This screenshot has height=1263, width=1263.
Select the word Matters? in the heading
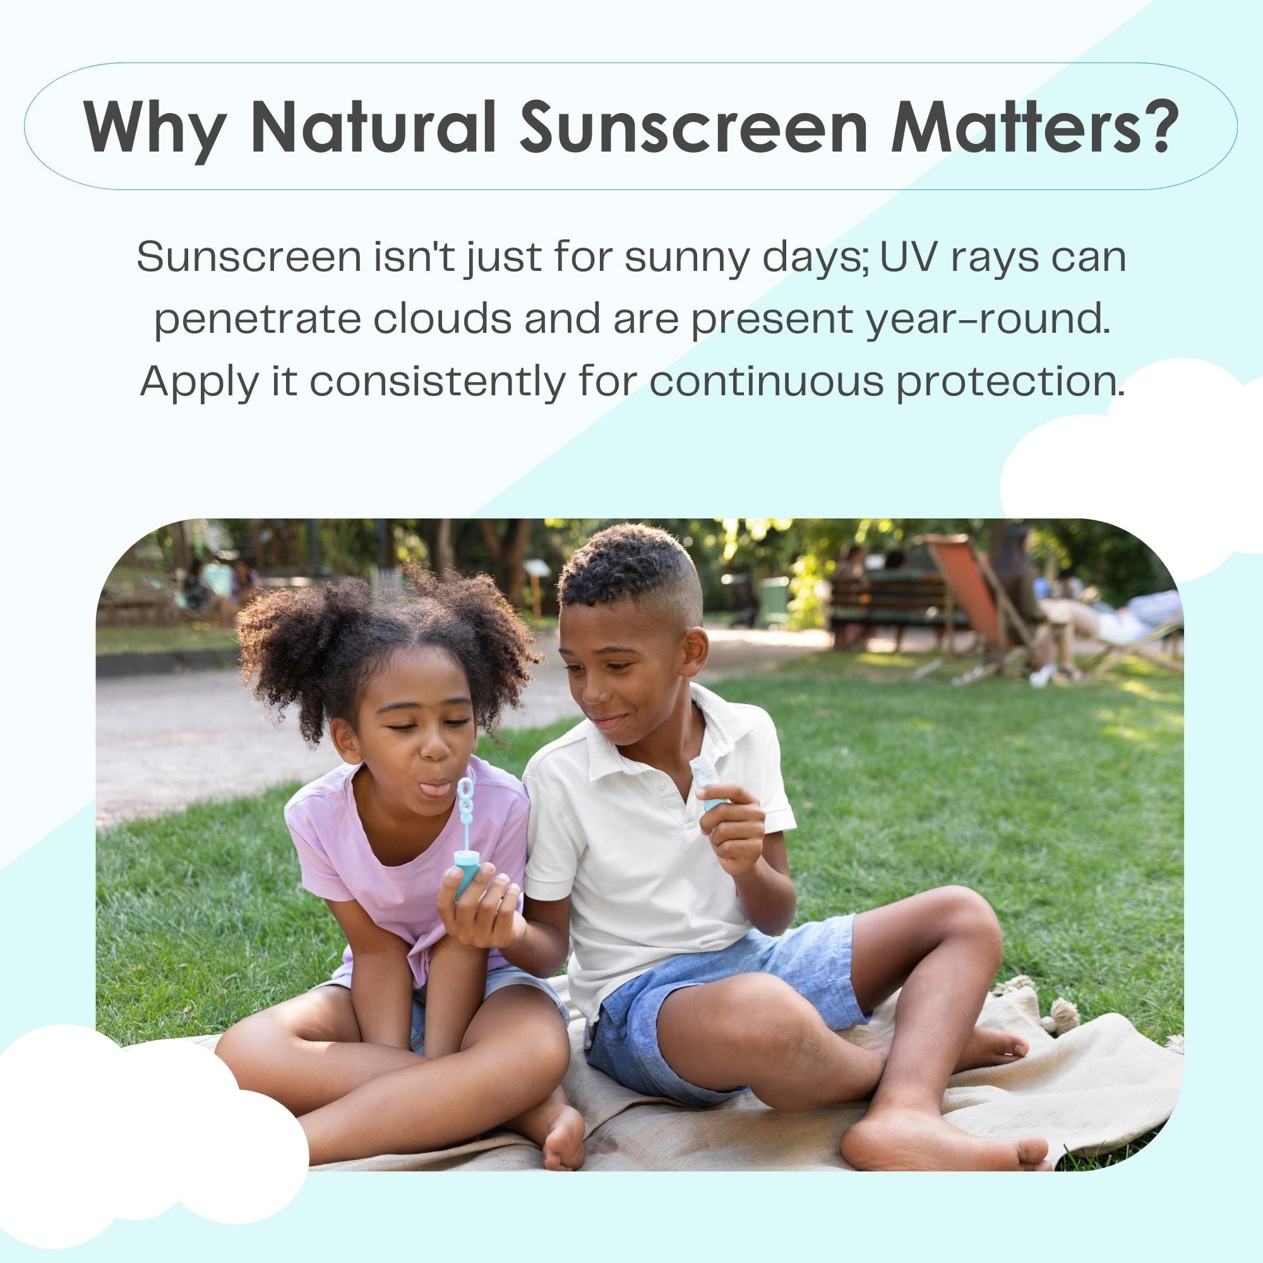[1033, 126]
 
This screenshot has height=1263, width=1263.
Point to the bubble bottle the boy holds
[707, 784]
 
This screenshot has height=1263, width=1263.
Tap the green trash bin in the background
[775, 599]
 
